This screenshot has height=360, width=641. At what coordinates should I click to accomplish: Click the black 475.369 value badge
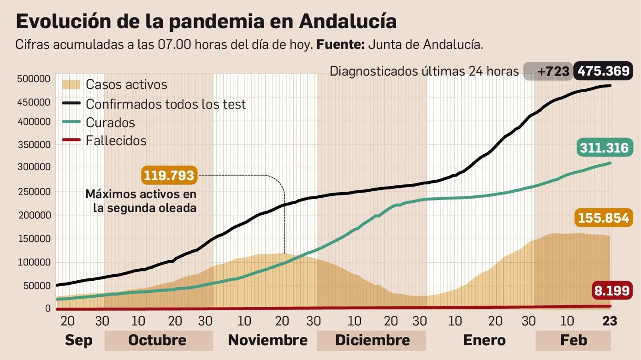[x=603, y=71]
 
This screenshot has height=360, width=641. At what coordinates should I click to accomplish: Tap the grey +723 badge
[x=549, y=71]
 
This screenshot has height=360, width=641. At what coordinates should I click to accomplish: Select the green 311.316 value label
[x=604, y=148]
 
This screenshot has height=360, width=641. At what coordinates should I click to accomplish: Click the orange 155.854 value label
[x=603, y=218]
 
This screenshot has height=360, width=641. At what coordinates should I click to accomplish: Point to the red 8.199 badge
[x=612, y=290]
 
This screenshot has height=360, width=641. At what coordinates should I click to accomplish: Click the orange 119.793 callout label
[x=169, y=175]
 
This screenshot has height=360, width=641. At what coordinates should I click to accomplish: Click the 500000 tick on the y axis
[x=34, y=79]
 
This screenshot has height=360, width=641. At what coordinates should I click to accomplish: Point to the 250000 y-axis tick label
[x=34, y=191]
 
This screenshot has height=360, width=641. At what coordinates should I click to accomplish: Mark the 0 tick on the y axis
[x=48, y=308]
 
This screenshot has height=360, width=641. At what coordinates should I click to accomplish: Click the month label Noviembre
[x=268, y=340]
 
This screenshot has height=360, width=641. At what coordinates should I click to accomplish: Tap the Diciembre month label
[x=372, y=340]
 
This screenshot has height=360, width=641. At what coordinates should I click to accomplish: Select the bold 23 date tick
[x=609, y=321]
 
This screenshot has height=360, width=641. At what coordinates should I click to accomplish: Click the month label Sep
[x=79, y=340]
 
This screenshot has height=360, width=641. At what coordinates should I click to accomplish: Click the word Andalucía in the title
[x=348, y=21]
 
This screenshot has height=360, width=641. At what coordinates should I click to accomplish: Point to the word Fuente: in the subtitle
[x=340, y=44]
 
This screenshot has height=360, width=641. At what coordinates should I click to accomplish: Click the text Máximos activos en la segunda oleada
[x=141, y=201]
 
